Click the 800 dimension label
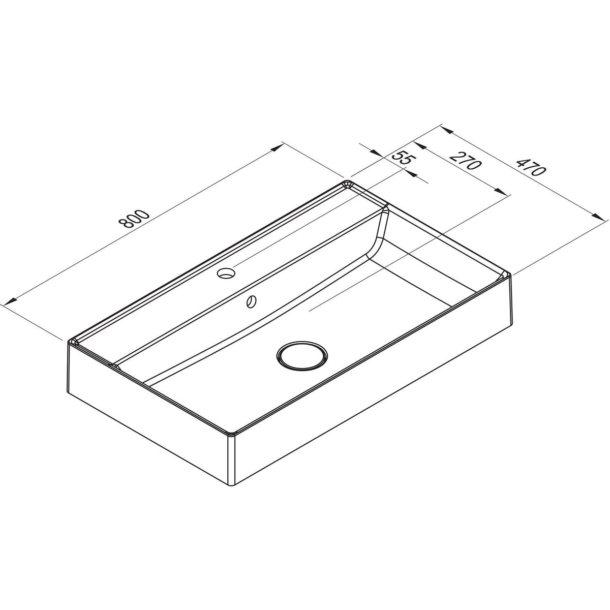pos(134,219)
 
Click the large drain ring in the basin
pos(301,355)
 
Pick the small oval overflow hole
pos(252,301)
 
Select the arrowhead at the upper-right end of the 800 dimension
pos(277,148)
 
